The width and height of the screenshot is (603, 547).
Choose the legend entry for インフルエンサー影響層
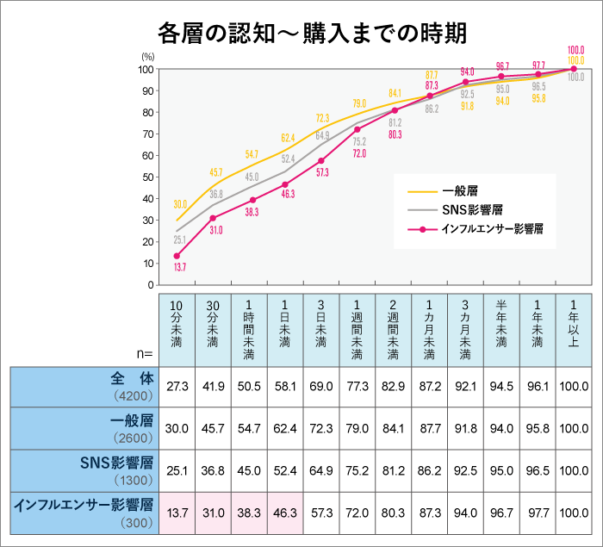click(x=492, y=229)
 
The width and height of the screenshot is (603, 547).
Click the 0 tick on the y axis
click(x=152, y=284)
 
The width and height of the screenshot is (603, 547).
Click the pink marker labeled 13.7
click(x=177, y=256)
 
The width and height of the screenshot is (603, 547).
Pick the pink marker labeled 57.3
click(x=321, y=161)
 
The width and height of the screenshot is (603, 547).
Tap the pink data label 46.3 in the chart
click(x=286, y=195)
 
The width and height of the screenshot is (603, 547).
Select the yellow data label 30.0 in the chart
click(x=180, y=204)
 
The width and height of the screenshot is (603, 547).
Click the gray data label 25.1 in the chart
click(x=180, y=239)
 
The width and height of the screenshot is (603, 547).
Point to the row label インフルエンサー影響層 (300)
click(x=84, y=513)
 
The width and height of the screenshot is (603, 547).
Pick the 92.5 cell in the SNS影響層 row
click(x=466, y=471)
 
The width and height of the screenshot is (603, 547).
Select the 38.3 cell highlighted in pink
click(x=249, y=513)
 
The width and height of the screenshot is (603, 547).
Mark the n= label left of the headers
click(x=144, y=353)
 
